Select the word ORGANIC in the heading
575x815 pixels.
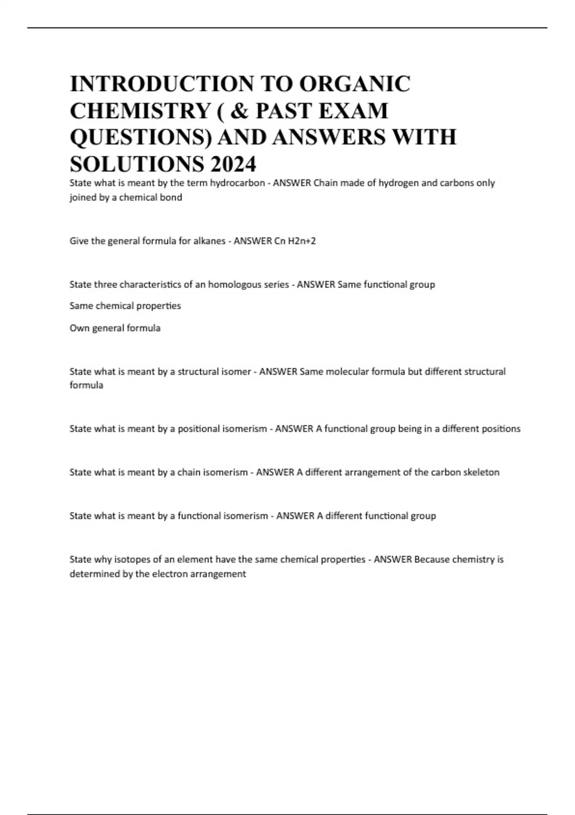coord(355,84)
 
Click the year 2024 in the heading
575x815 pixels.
coord(232,164)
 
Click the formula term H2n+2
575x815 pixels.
coord(302,241)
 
